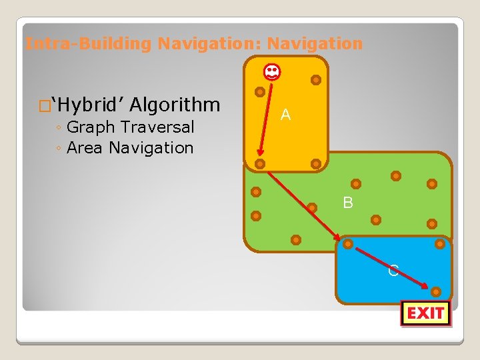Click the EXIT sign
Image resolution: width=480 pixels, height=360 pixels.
[426, 313]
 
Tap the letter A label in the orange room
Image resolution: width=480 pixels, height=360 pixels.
[285, 115]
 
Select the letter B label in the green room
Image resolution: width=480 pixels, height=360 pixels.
[348, 203]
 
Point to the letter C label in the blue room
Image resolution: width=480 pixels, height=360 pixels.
[393, 270]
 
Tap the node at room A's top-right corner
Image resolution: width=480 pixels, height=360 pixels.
[316, 80]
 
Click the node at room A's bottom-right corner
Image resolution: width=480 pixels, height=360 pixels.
[316, 163]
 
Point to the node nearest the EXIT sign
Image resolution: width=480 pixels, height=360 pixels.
[435, 291]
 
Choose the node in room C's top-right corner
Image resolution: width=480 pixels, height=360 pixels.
[440, 244]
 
